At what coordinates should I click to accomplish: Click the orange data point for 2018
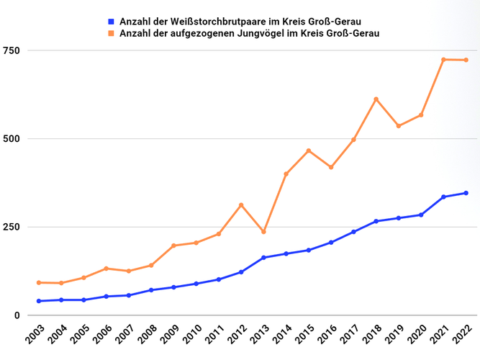[x=376, y=99]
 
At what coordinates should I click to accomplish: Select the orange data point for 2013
[x=263, y=232]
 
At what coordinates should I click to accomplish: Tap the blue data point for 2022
[x=466, y=193]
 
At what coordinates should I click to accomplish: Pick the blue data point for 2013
[x=263, y=258]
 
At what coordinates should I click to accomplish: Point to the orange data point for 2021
[x=443, y=60]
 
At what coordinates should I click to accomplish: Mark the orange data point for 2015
[x=309, y=150]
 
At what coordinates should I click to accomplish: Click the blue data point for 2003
[x=39, y=301]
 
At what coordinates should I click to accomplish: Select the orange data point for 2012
[x=241, y=205]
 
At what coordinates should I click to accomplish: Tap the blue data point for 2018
[x=376, y=221]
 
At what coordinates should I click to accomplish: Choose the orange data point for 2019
[x=399, y=126]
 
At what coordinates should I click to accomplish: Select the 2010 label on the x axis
[x=192, y=336]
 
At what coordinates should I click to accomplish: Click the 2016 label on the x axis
[x=327, y=336]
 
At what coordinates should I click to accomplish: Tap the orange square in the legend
[x=111, y=33]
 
